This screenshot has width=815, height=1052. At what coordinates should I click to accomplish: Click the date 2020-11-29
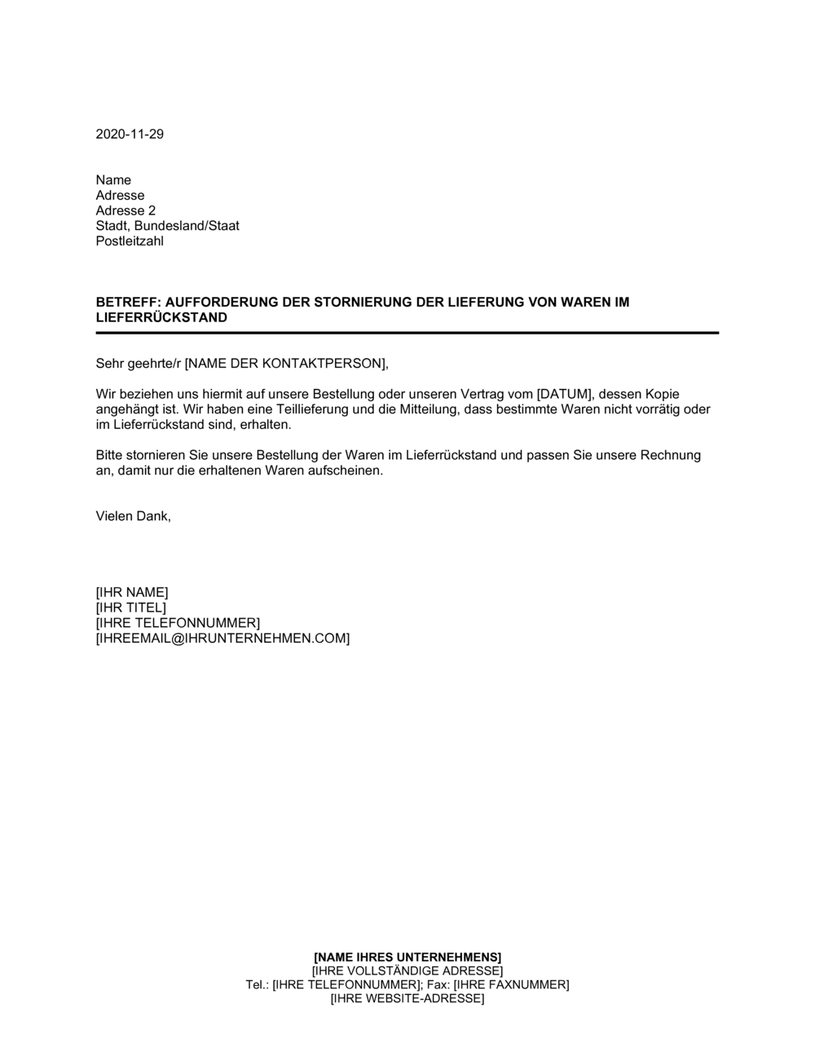130,135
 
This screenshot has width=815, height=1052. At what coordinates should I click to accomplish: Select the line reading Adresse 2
126,210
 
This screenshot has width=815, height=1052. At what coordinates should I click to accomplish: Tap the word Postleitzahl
130,241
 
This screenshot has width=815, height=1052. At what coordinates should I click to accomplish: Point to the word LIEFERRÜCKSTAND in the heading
161,318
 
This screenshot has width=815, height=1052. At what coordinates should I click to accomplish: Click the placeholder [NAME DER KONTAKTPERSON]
281,364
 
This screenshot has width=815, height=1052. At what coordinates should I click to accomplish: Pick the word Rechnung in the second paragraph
670,456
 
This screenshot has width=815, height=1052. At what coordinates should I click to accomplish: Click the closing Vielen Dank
134,516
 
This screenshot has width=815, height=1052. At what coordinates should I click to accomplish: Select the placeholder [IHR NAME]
132,593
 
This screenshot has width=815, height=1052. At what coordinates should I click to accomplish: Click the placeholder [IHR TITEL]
131,608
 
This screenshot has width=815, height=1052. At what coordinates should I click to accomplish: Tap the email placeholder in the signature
222,639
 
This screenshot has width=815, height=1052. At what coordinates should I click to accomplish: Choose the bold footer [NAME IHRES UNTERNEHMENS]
407,957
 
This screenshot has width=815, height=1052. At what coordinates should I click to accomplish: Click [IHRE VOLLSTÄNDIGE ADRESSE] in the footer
407,970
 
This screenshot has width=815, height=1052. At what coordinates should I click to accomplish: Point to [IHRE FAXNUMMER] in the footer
511,984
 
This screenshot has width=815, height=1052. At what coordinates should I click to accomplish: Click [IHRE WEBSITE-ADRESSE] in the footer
407,998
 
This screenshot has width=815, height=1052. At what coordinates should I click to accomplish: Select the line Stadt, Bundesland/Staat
168,226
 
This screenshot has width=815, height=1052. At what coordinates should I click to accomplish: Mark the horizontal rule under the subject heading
407,333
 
